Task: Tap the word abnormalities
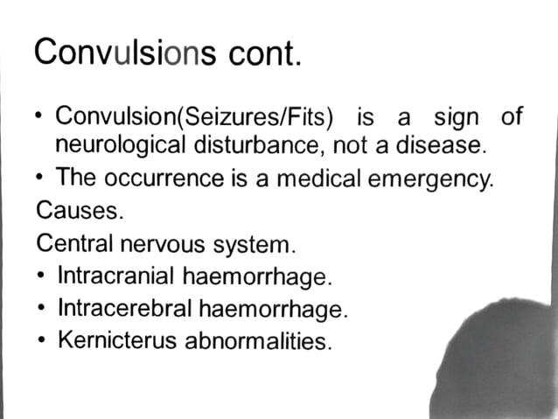point(259,340)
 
